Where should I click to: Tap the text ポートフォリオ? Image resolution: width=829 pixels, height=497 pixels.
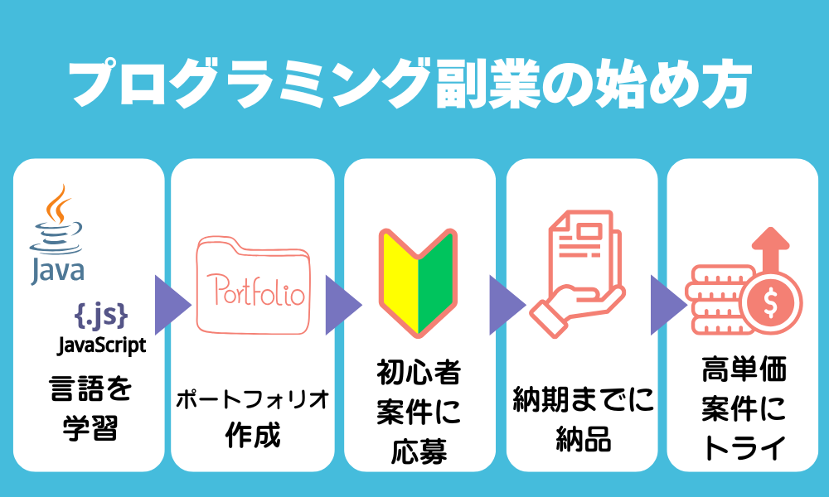coord(252,399)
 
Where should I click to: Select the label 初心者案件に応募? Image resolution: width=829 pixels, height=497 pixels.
coord(418,413)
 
